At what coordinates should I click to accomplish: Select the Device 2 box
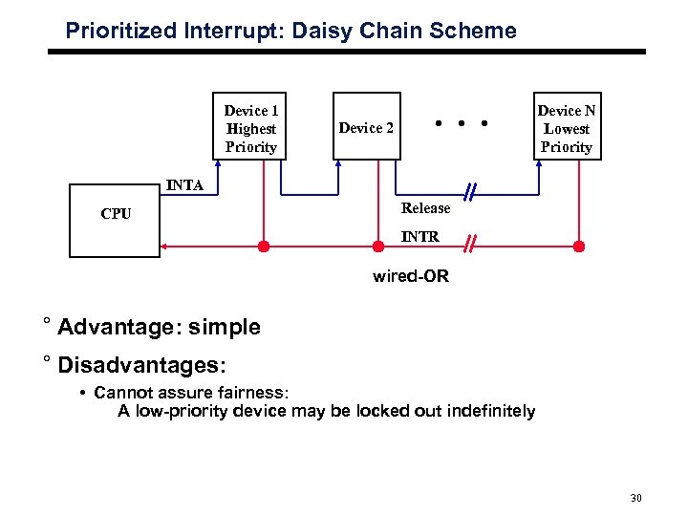tap(366, 128)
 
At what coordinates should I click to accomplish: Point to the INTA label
tap(184, 185)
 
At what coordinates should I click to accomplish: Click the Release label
tap(425, 208)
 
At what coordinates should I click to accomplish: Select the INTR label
tap(419, 236)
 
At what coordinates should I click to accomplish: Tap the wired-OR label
tap(410, 277)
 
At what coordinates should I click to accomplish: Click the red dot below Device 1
tap(264, 247)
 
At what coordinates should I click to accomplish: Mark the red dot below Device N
tap(578, 247)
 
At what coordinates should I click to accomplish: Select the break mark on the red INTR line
tap(470, 247)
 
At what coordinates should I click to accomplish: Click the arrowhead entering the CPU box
tap(165, 247)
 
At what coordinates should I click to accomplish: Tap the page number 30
tap(637, 498)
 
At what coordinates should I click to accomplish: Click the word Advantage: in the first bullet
tap(120, 327)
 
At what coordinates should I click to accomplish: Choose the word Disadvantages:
tap(142, 365)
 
